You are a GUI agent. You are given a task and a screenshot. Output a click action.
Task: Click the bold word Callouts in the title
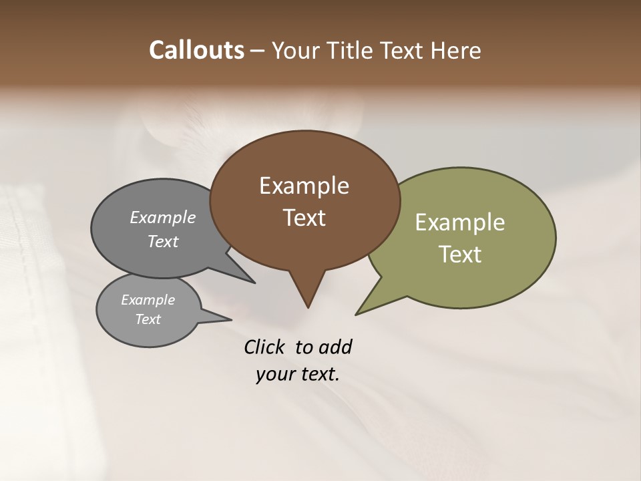(x=196, y=50)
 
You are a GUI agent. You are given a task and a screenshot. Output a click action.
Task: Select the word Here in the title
(x=456, y=50)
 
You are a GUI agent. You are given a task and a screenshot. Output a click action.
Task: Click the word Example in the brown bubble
(x=304, y=186)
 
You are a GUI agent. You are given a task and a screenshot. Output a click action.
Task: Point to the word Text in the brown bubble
(x=304, y=218)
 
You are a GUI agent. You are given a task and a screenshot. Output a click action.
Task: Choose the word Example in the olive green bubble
(x=460, y=222)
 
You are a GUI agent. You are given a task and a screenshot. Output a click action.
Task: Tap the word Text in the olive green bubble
(x=460, y=255)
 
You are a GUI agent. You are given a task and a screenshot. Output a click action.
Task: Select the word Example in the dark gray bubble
(x=162, y=217)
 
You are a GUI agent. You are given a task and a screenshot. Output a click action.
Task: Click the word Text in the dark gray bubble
(x=162, y=241)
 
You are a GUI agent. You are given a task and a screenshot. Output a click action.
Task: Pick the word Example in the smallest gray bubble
(x=148, y=300)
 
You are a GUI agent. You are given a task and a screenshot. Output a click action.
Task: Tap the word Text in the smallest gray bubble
(x=148, y=319)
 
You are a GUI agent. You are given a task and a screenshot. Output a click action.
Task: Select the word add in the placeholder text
(x=335, y=347)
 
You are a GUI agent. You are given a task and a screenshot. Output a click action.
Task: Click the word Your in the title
(x=292, y=50)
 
